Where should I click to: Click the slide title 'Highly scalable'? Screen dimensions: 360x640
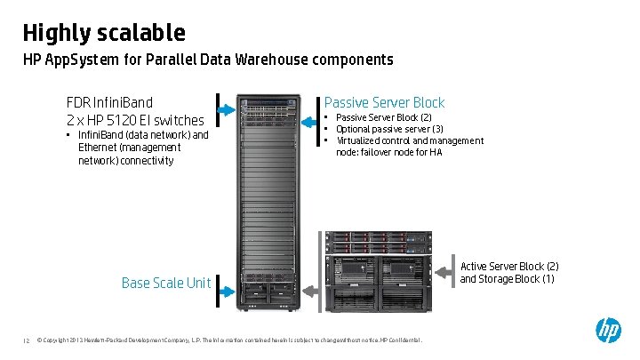(x=104, y=33)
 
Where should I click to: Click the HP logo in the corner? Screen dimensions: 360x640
(x=608, y=331)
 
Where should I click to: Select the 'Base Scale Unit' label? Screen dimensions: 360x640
(x=166, y=283)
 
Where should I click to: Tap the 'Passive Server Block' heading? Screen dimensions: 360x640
(x=384, y=102)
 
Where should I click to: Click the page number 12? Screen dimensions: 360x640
(x=27, y=340)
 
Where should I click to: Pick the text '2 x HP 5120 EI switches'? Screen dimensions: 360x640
(x=135, y=120)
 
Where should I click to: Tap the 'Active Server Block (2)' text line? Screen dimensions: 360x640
(x=509, y=267)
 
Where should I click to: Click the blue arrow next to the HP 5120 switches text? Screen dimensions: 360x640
(x=226, y=108)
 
